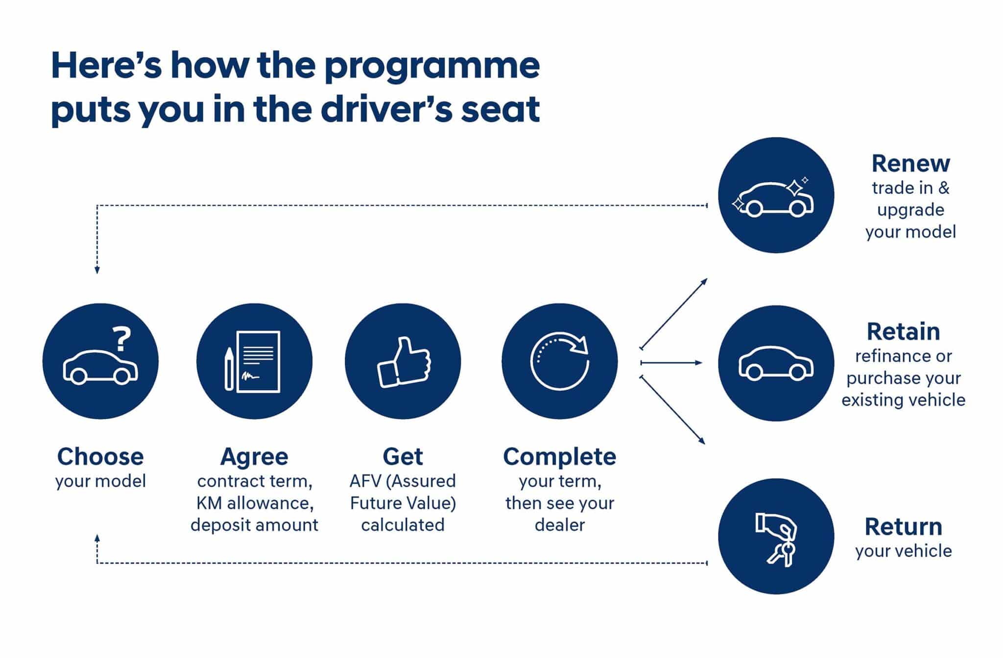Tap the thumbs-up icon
click(x=404, y=363)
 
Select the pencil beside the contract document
click(x=229, y=368)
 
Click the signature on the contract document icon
click(x=250, y=376)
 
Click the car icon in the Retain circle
click(x=776, y=364)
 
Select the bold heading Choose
click(x=100, y=456)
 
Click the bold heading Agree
click(x=254, y=456)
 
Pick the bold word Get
click(x=403, y=456)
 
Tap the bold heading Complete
click(x=559, y=456)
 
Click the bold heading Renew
click(x=910, y=164)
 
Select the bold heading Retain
click(x=903, y=331)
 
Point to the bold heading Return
click(x=903, y=527)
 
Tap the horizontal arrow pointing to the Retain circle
click(x=671, y=363)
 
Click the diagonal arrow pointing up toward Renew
click(x=674, y=313)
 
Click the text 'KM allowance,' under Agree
click(x=255, y=503)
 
